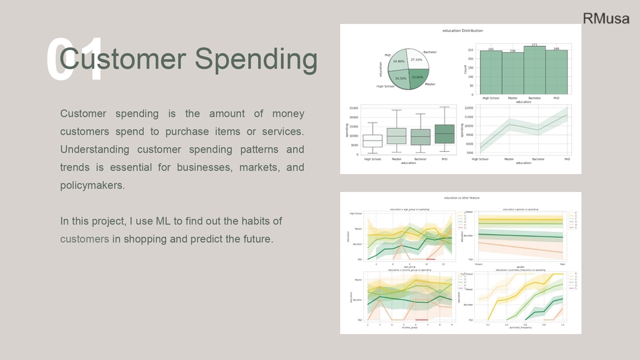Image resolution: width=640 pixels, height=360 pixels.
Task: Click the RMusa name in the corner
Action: [x=605, y=19]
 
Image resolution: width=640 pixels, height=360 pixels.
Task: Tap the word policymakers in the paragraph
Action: [x=92, y=185]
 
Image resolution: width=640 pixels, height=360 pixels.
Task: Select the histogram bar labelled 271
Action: [x=535, y=71]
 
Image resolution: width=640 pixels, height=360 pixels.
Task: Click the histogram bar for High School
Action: [x=491, y=73]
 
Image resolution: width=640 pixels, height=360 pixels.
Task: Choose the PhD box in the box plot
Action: [x=444, y=133]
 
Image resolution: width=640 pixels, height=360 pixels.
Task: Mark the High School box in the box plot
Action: [x=373, y=140]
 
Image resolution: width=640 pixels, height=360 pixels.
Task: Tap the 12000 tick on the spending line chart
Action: [x=469, y=107]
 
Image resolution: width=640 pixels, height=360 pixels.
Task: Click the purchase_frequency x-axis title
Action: [x=523, y=328]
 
